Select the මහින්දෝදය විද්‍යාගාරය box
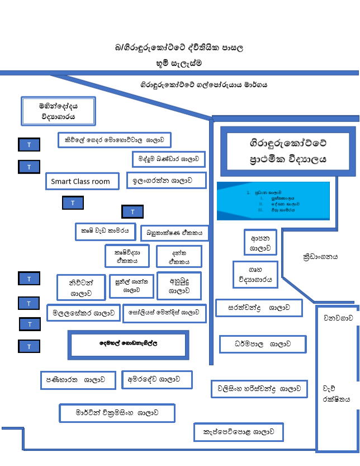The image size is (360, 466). click(58, 111)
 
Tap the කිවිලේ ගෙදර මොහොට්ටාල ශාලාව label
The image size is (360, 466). click(114, 139)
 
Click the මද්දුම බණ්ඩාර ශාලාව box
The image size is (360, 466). click(168, 159)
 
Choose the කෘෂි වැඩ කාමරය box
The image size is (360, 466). click(105, 230)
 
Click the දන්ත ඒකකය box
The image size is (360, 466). click(179, 256)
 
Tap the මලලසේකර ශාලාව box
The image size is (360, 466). click(84, 313)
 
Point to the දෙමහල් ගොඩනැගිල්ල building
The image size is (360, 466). click(128, 345)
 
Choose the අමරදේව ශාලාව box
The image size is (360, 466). click(157, 379)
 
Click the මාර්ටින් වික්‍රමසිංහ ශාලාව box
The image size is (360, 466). click(117, 413)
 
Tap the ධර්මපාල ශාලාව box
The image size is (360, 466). click(262, 343)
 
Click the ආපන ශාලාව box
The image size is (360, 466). click(260, 242)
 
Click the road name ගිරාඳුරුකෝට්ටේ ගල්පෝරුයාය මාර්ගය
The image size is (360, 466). click(203, 85)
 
